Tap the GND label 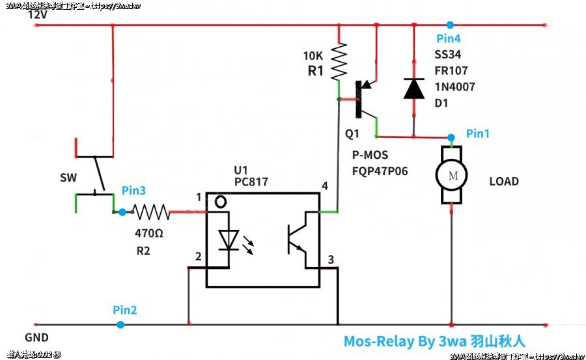pos(36,339)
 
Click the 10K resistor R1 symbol pos(339,61)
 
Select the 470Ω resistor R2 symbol pos(151,212)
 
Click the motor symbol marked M pos(451,174)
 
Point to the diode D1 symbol pos(413,89)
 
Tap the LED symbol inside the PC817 pos(228,241)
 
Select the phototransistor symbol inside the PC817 pos(297,240)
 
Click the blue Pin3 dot pos(122,212)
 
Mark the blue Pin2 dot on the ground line pos(120,324)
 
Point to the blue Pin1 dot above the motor pos(451,137)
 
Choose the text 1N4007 pos(454,86)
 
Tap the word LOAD pos(504,182)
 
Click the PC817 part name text pos(251,182)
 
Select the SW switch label pos(67,178)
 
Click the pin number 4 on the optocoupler pos(324,187)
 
